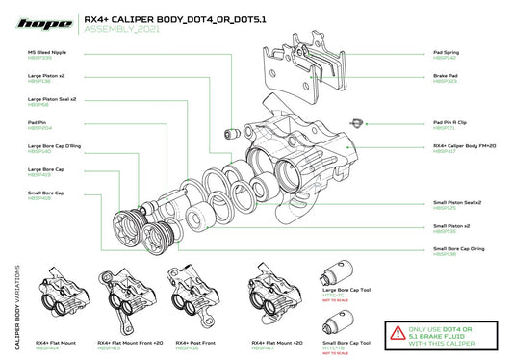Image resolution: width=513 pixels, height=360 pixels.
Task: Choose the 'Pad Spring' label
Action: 448,54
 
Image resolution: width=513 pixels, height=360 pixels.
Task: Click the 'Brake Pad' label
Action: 447,77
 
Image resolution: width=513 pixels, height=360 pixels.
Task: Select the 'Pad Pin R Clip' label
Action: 450,123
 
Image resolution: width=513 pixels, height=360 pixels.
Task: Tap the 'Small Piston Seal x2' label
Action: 457,203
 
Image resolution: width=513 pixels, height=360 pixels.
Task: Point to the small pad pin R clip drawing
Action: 358,121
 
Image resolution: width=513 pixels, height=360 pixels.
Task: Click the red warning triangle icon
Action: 398,334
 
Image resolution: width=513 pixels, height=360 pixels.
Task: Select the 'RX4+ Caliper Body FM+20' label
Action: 464,146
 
